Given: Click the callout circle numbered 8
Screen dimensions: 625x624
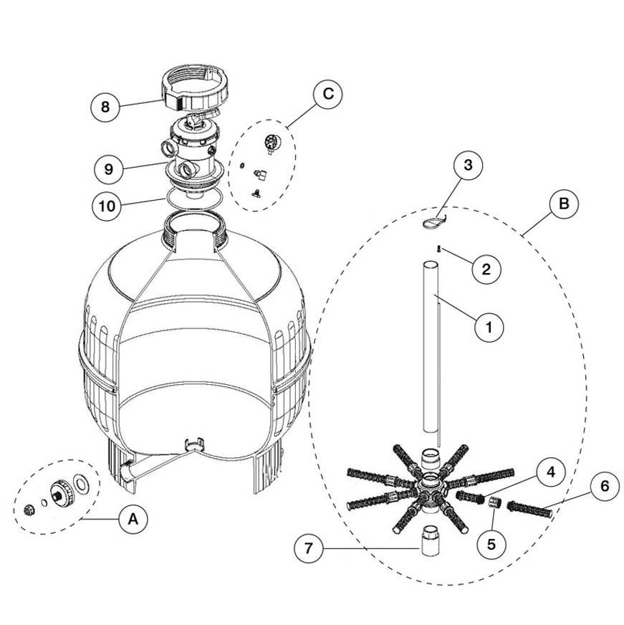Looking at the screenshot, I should tap(105, 108).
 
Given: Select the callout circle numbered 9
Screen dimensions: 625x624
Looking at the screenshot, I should tap(108, 169).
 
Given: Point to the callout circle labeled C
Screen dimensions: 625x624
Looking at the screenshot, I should tap(327, 93).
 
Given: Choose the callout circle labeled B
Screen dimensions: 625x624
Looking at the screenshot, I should tap(564, 204).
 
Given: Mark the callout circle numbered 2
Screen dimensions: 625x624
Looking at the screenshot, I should tap(486, 269).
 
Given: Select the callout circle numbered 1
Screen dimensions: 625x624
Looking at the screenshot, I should tap(489, 328).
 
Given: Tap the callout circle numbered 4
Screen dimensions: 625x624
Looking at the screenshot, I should tap(549, 472).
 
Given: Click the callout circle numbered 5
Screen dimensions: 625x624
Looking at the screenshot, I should tap(491, 543).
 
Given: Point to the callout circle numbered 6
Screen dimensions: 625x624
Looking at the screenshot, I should tap(605, 486).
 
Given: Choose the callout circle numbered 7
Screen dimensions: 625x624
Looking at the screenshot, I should tap(309, 550).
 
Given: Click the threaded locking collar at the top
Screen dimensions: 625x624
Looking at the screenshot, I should tap(194, 88).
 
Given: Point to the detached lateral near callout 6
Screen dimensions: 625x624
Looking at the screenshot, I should tap(531, 510).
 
